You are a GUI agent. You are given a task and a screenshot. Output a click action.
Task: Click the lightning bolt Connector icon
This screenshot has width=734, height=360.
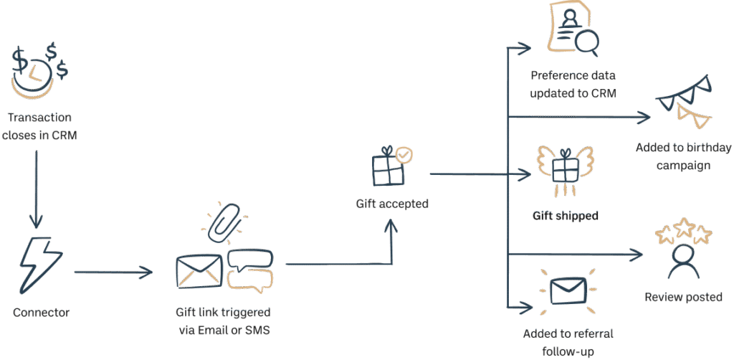click(41, 265)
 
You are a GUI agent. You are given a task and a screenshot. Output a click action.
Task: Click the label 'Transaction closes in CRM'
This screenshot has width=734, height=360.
click(40, 125)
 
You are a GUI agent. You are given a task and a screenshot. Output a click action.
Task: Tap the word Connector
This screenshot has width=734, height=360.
click(42, 313)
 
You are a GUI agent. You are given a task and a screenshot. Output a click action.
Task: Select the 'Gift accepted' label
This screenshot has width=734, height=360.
click(392, 204)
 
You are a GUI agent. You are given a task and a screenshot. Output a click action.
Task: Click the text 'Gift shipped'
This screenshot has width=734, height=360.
click(566, 216)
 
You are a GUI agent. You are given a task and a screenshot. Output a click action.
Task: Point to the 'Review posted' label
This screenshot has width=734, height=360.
click(683, 297)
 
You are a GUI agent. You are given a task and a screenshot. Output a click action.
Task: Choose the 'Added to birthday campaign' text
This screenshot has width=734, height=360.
click(683, 157)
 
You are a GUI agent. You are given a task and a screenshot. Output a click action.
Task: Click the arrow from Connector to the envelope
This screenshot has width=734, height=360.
click(115, 273)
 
